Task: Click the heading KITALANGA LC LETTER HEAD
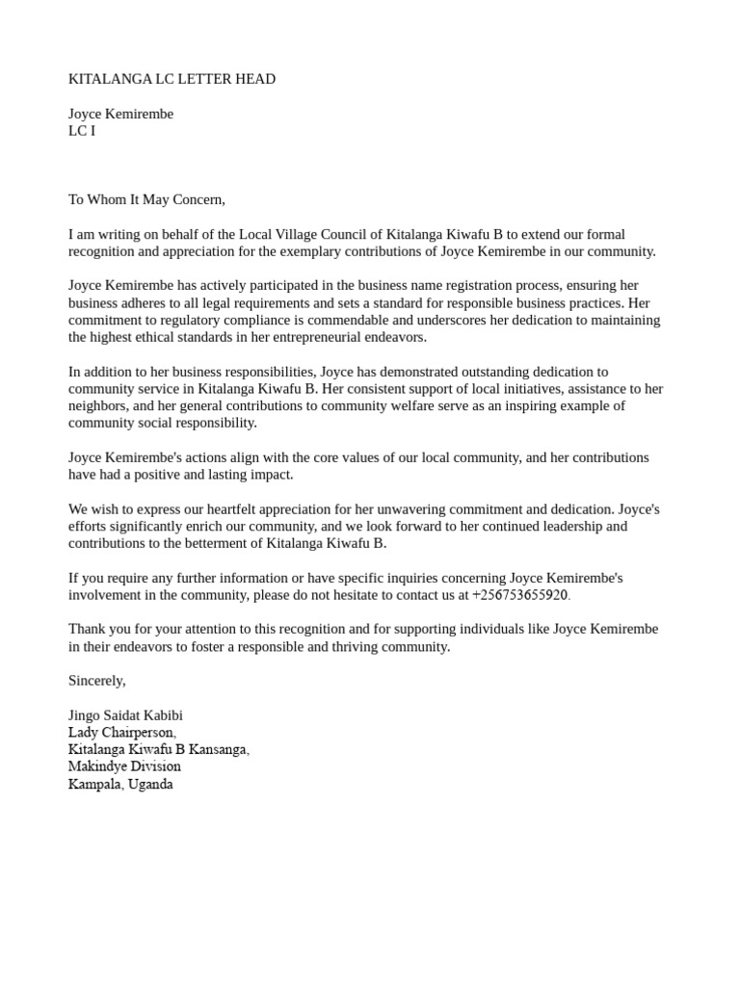[x=172, y=79]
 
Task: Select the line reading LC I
[x=82, y=131]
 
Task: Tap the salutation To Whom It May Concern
[x=146, y=199]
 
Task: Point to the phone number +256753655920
[x=519, y=595]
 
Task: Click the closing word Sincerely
[x=96, y=681]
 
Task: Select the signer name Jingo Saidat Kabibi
[x=125, y=715]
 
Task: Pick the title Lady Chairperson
[x=122, y=733]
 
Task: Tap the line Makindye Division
[x=124, y=766]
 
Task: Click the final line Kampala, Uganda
[x=120, y=784]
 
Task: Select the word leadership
[x=568, y=527]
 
